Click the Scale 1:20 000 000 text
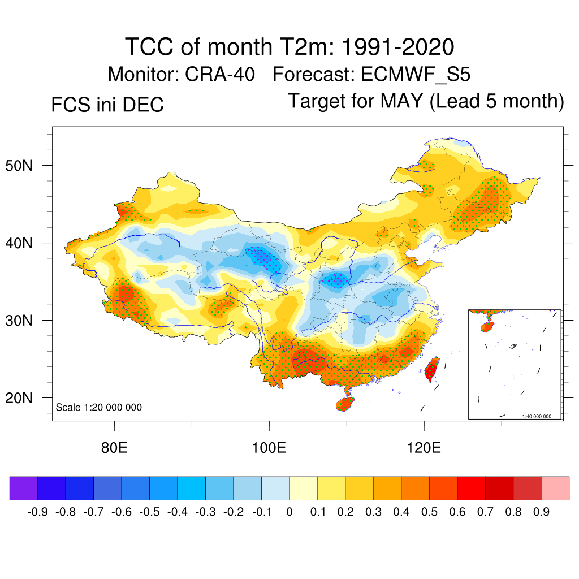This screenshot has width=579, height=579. point(99,408)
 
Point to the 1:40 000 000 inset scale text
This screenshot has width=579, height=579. point(540,416)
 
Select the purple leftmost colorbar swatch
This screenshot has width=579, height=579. point(24,489)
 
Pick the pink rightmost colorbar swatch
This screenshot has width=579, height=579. point(555,489)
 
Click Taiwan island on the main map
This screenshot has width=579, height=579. point(432,369)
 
